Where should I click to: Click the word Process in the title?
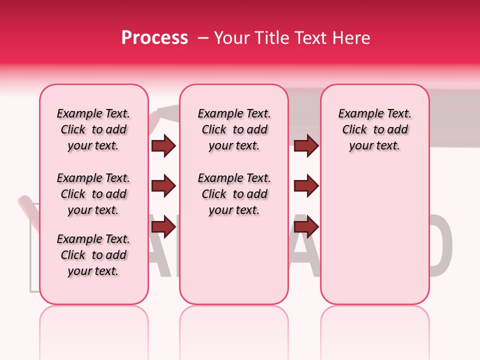[x=154, y=38]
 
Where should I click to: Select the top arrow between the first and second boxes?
[x=163, y=146]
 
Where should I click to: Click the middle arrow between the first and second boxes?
[x=163, y=186]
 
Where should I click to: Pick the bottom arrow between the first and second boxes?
[x=163, y=227]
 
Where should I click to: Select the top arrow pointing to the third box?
[x=306, y=146]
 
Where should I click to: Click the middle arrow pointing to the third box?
[x=306, y=186]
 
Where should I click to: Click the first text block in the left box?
[x=93, y=129]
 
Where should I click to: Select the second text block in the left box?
[x=93, y=194]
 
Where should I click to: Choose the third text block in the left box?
[x=93, y=255]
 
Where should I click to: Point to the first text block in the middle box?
[x=234, y=129]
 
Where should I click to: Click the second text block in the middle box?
[x=234, y=194]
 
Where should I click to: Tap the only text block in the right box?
[x=375, y=129]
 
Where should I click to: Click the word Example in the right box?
[x=358, y=114]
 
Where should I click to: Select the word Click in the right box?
[x=354, y=130]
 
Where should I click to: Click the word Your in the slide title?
[x=230, y=38]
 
